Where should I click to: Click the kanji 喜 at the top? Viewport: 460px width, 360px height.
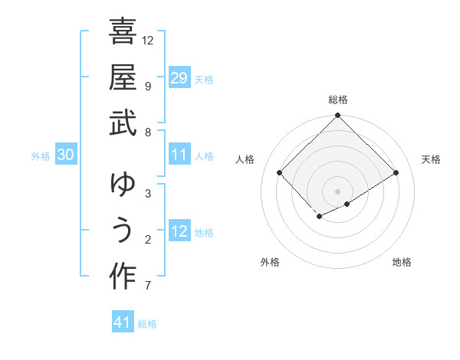click(123, 32)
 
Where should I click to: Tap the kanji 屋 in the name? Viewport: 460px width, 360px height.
click(123, 79)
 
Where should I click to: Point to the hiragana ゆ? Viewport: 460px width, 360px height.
click(123, 186)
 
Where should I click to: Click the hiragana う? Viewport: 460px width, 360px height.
click(123, 232)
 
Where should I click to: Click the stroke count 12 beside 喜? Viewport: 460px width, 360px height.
click(148, 40)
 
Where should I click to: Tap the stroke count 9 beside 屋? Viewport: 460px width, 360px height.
click(147, 86)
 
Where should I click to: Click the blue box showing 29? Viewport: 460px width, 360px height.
click(179, 77)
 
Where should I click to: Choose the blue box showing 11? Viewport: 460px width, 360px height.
click(179, 155)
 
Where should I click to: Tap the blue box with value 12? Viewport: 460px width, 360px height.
click(179, 232)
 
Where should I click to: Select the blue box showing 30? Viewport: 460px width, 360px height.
click(66, 155)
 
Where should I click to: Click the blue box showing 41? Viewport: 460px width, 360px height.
click(123, 322)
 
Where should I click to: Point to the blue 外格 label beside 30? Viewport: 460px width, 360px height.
click(41, 156)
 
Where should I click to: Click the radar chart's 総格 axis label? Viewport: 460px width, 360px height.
click(337, 100)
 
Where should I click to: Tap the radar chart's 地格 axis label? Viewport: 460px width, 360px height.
click(402, 262)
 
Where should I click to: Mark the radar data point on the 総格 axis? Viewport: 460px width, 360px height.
click(337, 116)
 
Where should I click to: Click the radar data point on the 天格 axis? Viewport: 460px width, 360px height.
click(396, 173)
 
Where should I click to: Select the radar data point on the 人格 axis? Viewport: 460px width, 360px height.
click(280, 173)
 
